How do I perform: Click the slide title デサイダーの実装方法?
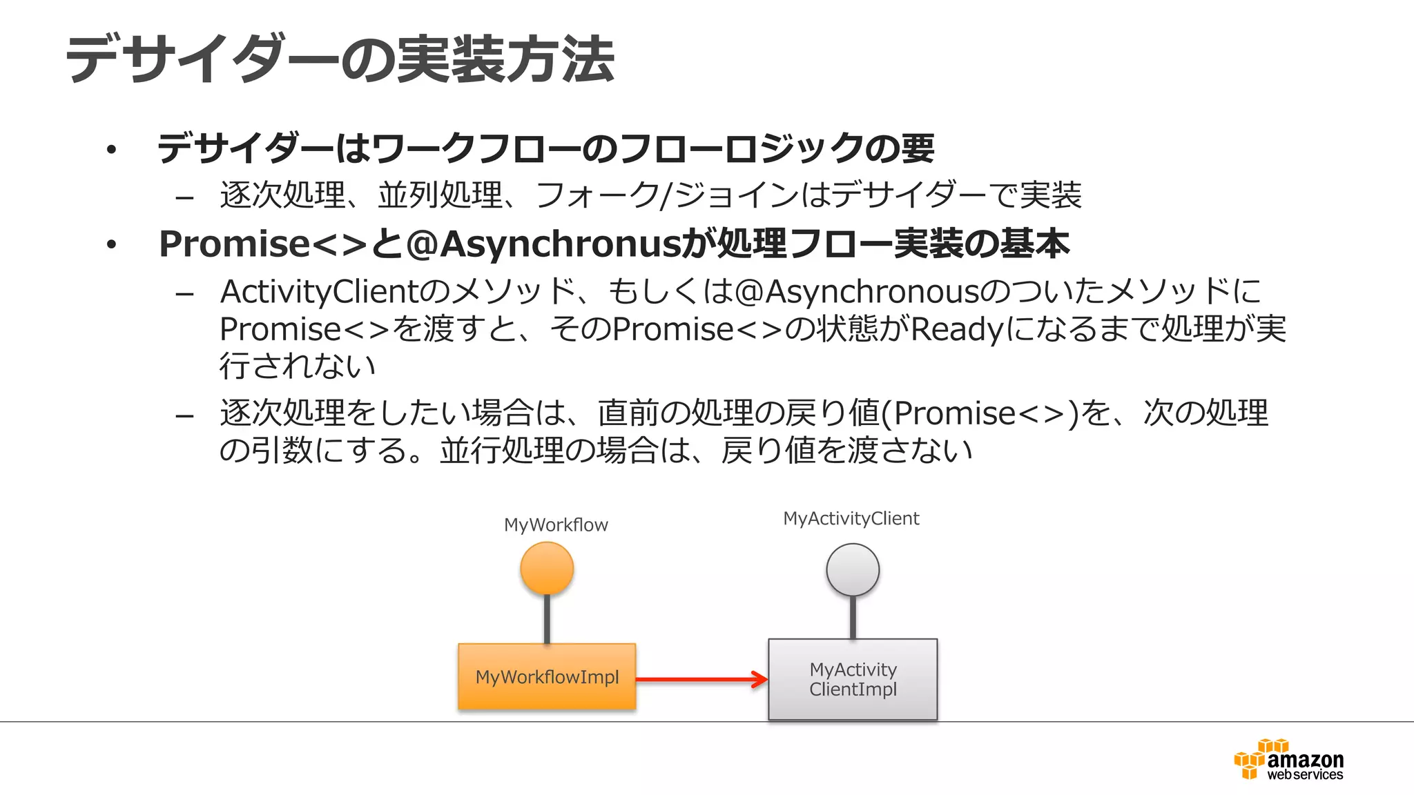point(340,59)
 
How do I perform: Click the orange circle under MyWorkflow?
point(547,569)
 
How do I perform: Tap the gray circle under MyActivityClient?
point(853,570)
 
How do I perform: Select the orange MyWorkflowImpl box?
point(547,677)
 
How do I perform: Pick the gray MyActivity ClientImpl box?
point(853,680)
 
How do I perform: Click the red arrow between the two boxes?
point(701,680)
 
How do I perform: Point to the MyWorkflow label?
point(556,525)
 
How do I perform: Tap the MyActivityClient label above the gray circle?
point(851,518)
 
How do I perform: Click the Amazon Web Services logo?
point(1288,760)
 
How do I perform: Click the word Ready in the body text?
point(956,329)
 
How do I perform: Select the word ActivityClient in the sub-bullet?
point(319,292)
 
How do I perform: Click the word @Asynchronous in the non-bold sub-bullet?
point(856,292)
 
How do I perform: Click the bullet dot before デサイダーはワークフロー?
point(111,150)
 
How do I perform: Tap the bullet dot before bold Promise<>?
point(111,245)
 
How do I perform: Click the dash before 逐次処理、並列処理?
point(184,199)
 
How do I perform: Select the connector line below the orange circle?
point(547,619)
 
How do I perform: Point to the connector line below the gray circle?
point(853,618)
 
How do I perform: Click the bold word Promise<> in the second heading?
point(262,244)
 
